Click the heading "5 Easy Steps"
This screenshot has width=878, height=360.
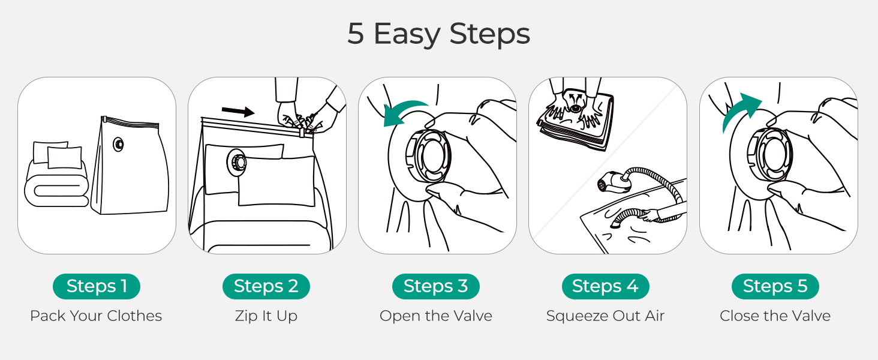(x=438, y=34)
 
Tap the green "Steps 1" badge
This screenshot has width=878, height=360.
(x=97, y=286)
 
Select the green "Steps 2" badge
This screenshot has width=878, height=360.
(x=266, y=286)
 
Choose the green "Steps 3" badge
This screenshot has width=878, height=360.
(x=436, y=286)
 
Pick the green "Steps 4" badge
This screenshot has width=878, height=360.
(x=605, y=286)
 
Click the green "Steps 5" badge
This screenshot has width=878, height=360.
(x=775, y=286)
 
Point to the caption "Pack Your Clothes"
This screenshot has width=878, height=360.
(x=96, y=316)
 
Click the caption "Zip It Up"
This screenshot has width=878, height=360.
(x=266, y=316)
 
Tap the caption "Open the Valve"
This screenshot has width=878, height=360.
(x=436, y=316)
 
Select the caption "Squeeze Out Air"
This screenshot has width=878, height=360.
(x=605, y=316)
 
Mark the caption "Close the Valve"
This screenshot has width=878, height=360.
(x=775, y=316)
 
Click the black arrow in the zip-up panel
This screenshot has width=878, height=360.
(x=238, y=110)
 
